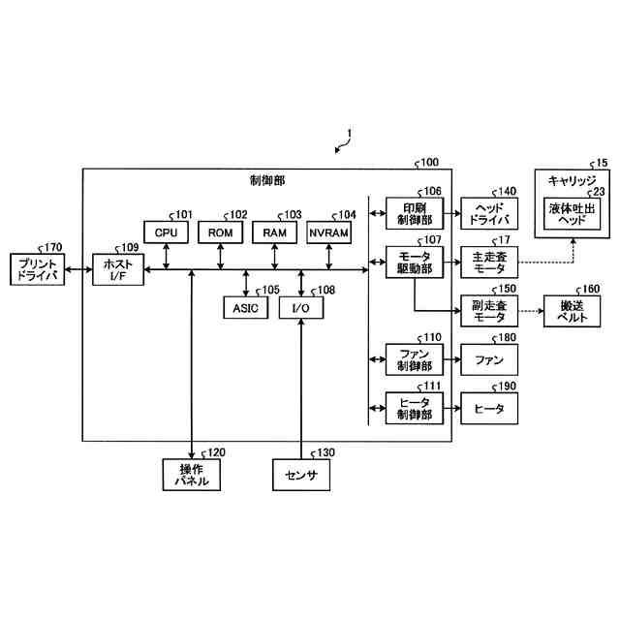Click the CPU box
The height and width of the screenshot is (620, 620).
click(166, 232)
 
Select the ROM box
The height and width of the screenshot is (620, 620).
click(221, 232)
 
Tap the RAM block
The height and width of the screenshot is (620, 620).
click(275, 232)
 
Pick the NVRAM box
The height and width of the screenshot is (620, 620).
click(329, 232)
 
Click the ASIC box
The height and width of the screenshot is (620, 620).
click(243, 307)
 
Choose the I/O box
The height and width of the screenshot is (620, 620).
click(300, 307)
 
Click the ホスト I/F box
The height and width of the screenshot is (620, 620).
click(117, 269)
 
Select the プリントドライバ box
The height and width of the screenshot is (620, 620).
click(36, 269)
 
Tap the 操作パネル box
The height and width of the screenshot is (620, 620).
click(192, 475)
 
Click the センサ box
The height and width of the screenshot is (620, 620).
click(301, 475)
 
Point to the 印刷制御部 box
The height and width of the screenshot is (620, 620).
click(414, 213)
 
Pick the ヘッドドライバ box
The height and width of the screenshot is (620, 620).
click(489, 213)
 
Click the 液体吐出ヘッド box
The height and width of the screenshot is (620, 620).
click(573, 213)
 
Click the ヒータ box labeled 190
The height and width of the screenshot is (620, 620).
click(489, 409)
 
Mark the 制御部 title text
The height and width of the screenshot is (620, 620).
click(267, 180)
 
